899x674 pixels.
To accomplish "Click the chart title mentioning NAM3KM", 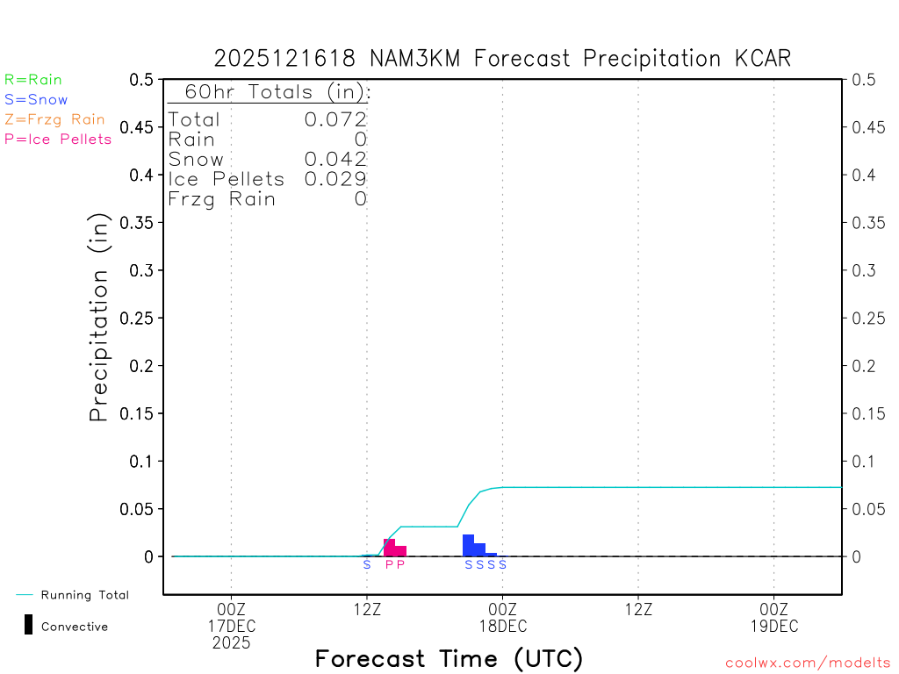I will coord(502,59).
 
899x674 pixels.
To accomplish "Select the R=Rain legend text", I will coord(33,80).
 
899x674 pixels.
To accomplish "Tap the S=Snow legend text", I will coord(36,100).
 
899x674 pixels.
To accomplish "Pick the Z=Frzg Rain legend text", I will coord(54,119).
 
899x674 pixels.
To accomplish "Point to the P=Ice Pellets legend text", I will coord(58,139).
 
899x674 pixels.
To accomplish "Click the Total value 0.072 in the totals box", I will coord(335,119).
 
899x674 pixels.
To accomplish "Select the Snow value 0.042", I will coord(335,159).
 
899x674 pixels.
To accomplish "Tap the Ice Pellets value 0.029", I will coord(335,179).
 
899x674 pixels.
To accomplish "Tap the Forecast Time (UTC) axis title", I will coord(449,658).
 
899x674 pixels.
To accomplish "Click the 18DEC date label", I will coord(502,626).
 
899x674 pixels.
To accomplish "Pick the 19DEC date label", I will coord(773,626).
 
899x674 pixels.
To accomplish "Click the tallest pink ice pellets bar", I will coord(389,548).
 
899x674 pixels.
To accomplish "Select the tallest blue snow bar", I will coord(468,545).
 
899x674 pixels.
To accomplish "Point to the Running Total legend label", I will coord(84,595).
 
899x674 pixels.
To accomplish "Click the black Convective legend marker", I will coord(29,625).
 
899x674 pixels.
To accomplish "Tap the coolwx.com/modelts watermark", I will coord(808,663).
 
